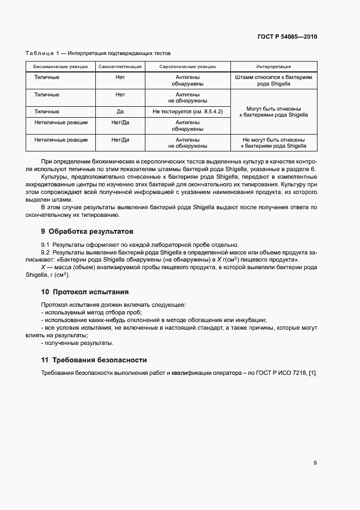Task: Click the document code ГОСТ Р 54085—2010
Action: pyautogui.click(x=287, y=37)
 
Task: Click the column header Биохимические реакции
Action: pyautogui.click(x=60, y=66)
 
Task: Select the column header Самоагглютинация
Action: pyautogui.click(x=120, y=66)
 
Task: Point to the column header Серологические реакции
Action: pyautogui.click(x=187, y=66)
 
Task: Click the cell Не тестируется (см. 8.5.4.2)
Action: pyautogui.click(x=187, y=112)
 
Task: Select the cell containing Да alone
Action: pyautogui.click(x=120, y=112)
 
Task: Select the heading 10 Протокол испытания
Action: pyautogui.click(x=85, y=292)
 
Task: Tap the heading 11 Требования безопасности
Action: pyautogui.click(x=94, y=360)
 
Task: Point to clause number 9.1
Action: pyautogui.click(x=46, y=245)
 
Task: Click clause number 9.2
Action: pyautogui.click(x=46, y=253)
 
